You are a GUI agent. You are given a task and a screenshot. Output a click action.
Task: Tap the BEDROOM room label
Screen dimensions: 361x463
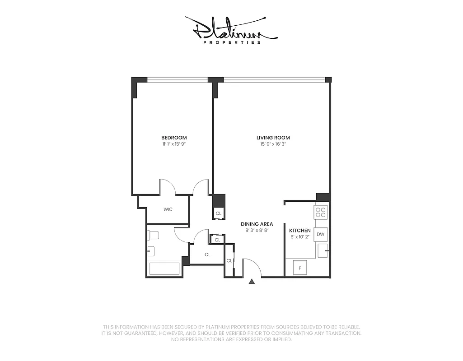(174, 138)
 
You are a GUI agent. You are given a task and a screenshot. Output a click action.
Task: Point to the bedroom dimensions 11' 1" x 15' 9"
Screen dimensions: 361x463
(174, 144)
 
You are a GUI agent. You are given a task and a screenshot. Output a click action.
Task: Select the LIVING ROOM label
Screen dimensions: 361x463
(273, 138)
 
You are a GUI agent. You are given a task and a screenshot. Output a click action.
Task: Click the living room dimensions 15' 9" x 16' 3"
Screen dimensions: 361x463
(273, 144)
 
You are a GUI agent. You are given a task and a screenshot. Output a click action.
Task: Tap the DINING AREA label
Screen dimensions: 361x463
(257, 224)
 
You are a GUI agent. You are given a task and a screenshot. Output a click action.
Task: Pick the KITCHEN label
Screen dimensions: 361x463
(300, 231)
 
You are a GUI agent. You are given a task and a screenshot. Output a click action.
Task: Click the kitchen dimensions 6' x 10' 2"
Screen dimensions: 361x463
(300, 237)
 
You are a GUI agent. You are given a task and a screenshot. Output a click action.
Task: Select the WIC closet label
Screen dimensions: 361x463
(168, 209)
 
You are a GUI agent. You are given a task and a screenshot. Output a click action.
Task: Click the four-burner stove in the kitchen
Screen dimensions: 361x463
(321, 212)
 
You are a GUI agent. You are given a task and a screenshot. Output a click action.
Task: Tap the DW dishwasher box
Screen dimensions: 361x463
(321, 234)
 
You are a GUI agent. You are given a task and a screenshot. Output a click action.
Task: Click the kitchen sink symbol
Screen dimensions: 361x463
(323, 251)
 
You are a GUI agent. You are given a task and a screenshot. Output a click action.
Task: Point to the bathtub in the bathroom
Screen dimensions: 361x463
(165, 269)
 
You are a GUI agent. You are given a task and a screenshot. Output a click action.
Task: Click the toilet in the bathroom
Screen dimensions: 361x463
(153, 235)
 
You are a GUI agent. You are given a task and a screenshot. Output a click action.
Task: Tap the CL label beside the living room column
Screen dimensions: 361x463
(219, 213)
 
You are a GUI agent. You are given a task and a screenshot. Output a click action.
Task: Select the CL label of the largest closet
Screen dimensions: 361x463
(207, 255)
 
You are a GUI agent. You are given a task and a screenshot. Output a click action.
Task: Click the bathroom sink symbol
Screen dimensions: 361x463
(151, 251)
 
